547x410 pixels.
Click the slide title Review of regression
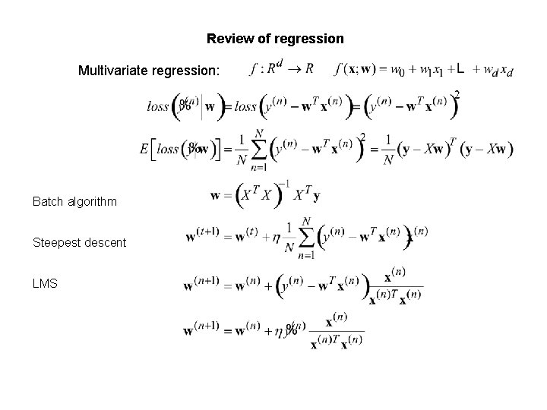coord(275,38)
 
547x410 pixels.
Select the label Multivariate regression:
coord(149,71)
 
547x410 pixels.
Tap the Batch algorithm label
coord(74,202)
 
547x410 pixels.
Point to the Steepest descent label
coord(79,242)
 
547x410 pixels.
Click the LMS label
coord(44,282)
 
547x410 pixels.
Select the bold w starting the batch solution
coord(216,197)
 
